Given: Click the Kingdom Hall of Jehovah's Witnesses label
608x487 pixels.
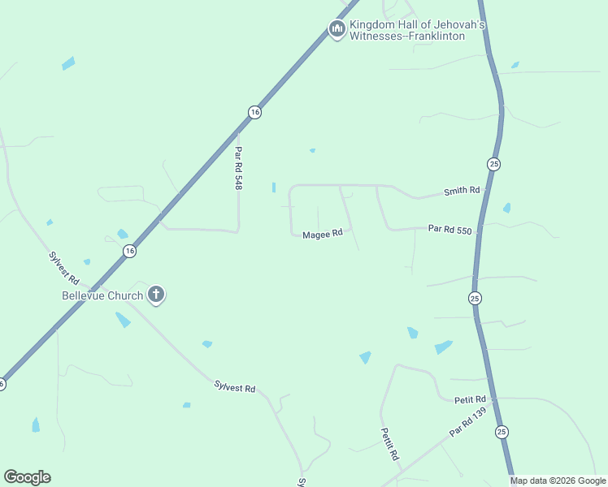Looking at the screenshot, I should coord(418,31).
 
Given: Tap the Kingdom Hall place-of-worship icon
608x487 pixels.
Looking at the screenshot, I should coord(337,29).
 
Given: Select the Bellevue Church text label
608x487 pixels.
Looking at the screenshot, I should coord(102,295).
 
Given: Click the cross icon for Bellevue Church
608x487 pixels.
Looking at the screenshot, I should coord(155,295).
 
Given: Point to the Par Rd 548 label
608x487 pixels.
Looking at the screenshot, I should coord(239,168).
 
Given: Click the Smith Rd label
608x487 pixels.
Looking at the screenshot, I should coord(462,192).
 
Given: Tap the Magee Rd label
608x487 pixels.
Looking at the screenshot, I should coord(323,234).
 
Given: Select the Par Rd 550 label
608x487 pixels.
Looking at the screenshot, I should coord(449,230).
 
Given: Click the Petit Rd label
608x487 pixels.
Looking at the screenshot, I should coord(470,399).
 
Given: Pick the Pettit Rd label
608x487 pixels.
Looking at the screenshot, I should coord(389,445).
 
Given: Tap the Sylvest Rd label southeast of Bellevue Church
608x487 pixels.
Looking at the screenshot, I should coord(235,386).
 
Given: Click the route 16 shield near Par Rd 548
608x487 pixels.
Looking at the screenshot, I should coord(254,112).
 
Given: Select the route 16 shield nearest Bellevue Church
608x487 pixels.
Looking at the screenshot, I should coord(130,251).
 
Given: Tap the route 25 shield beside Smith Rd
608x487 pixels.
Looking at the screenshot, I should coord(493,164).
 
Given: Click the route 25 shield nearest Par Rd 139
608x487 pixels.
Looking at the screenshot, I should coord(501,432).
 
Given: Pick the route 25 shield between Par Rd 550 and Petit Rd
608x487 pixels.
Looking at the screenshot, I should coord(475,298).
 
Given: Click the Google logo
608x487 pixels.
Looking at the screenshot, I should coord(27,477).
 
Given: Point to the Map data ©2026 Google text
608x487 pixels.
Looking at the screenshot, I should coord(557,481).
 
